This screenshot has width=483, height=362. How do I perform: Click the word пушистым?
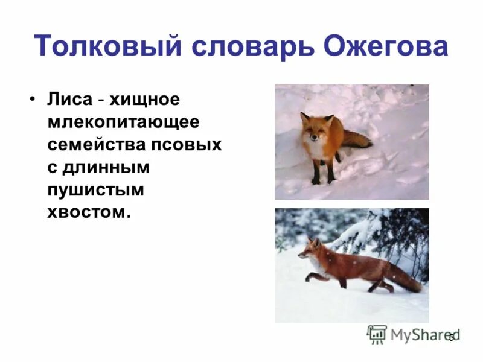point(95,189)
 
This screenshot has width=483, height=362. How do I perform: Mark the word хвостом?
point(88,212)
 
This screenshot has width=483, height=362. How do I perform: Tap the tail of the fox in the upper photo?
point(358,141)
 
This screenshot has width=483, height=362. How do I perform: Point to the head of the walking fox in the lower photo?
point(310,248)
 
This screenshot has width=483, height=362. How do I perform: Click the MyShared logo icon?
point(377,334)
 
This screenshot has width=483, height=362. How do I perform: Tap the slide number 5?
point(450,337)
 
